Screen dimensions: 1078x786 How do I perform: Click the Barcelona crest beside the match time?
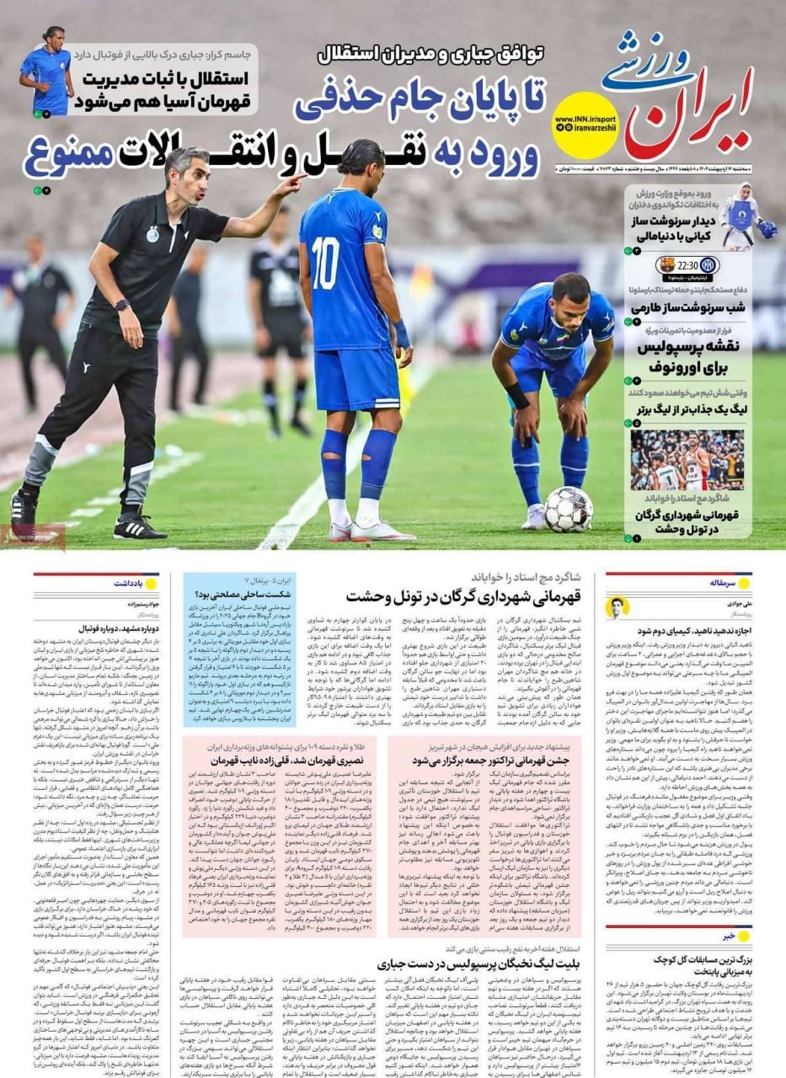pos(666,267)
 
